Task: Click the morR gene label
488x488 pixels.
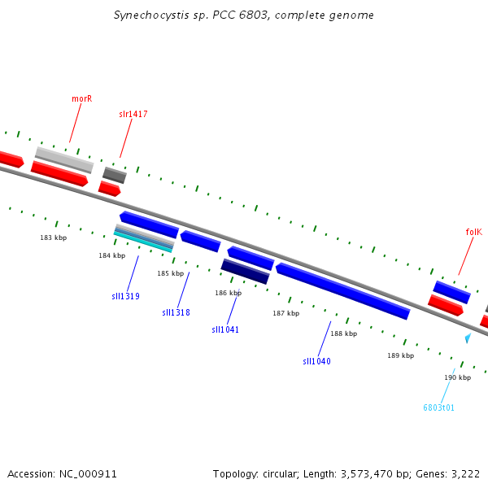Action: click(x=82, y=98)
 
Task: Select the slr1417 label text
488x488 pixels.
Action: click(x=133, y=114)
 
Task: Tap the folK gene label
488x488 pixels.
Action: click(x=473, y=232)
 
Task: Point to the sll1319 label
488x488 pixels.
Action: click(x=126, y=296)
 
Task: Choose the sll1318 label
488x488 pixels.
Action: click(x=176, y=312)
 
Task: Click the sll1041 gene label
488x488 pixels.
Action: click(x=225, y=329)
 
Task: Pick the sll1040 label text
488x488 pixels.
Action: click(x=316, y=361)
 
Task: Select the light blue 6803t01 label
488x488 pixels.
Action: click(x=439, y=407)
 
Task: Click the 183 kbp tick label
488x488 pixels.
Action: click(x=54, y=237)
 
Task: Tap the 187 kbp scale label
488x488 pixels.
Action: click(x=286, y=313)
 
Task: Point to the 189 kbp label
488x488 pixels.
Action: click(x=400, y=355)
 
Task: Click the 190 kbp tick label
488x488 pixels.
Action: click(x=457, y=377)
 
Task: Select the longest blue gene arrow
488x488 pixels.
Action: click(x=343, y=291)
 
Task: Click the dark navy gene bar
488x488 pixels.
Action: click(x=246, y=272)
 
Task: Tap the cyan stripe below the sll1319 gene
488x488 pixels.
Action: click(x=143, y=242)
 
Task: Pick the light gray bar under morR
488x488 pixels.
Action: click(x=64, y=160)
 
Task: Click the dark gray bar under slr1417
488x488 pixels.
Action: click(x=115, y=175)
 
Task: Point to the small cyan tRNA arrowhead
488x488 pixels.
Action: click(x=468, y=338)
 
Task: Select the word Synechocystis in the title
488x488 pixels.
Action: click(x=151, y=15)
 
